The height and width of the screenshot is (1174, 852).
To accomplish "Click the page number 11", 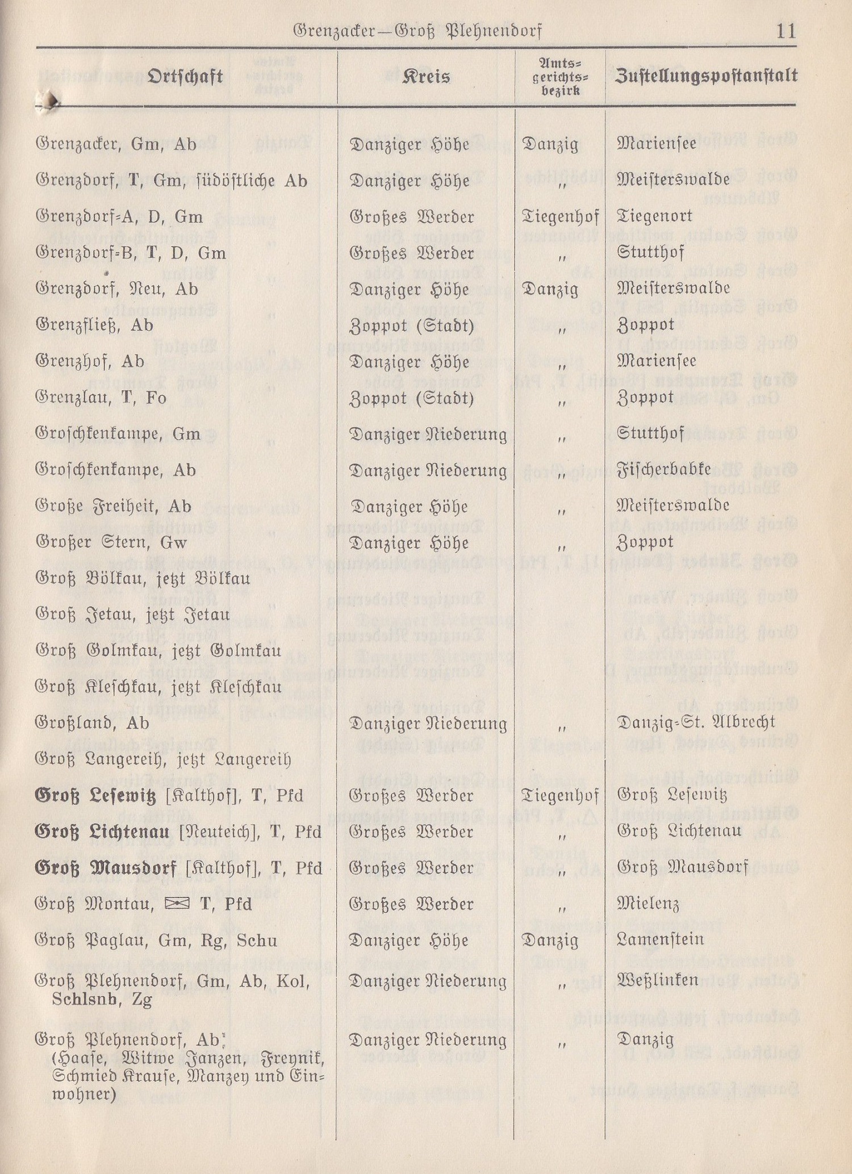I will coord(786,30).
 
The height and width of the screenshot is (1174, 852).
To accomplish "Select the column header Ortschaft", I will coord(185,76).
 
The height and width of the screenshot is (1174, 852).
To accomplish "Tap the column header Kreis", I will coord(426,76).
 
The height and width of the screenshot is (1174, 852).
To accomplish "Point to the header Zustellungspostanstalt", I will coord(706,76).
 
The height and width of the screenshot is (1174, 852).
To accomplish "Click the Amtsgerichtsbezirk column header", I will coord(559,77).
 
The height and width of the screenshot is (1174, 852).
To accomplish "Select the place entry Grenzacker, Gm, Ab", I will coord(116,145).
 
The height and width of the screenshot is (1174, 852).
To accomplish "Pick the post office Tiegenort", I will coord(654,217).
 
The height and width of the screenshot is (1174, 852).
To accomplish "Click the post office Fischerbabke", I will coord(663,470).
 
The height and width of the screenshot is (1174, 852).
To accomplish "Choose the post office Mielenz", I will coord(648,904).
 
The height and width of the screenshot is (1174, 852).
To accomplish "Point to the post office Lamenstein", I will coord(660,940).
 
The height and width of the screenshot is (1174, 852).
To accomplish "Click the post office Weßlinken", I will coord(657,980).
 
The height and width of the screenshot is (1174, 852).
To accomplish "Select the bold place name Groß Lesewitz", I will coord(95,796).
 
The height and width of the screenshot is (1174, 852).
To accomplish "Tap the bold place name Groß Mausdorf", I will coord(106,868).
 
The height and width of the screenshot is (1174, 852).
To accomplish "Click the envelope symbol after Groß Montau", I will coord(176,904).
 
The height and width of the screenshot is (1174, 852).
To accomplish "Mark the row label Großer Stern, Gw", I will coord(111,542).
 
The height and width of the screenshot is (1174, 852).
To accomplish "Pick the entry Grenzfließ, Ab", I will coord(94,325).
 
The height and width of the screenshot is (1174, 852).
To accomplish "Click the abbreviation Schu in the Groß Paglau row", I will coord(257,941).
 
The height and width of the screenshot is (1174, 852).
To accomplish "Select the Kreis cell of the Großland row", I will coord(428,724).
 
